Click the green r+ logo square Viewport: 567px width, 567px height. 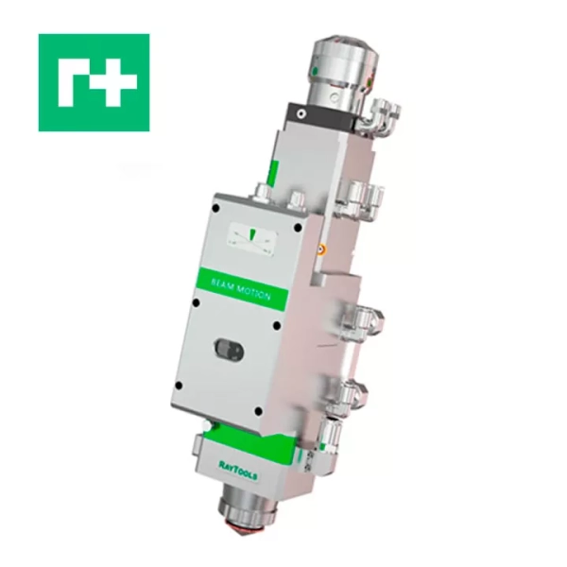pyautogui.click(x=94, y=82)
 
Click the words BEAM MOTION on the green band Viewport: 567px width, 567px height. pyautogui.click(x=240, y=290)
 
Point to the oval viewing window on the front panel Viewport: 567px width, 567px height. pyautogui.click(x=229, y=349)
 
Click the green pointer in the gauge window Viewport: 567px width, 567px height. pyautogui.click(x=253, y=234)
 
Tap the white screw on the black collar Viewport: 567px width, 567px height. pyautogui.click(x=301, y=114)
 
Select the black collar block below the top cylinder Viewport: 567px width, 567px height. pyautogui.click(x=322, y=117)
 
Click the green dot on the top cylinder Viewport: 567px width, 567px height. pyautogui.click(x=315, y=70)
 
